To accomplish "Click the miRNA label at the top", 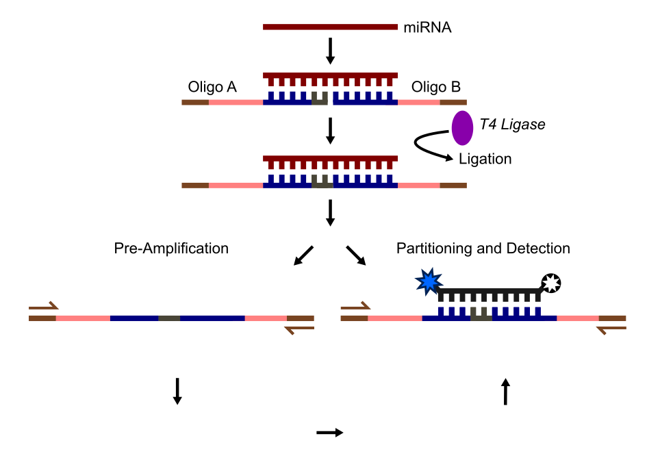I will coord(427,27).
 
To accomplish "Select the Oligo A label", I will coord(212,87).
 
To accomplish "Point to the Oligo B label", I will coord(435,87).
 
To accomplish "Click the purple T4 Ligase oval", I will coord(462,128).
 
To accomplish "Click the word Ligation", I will coord(485,159).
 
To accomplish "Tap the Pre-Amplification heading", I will coord(171,248).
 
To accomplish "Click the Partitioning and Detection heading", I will coord(483,248).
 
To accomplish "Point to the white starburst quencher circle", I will coord(551,281).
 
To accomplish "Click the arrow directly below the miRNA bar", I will coord(330,51).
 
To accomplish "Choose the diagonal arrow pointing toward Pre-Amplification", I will coord(303,255).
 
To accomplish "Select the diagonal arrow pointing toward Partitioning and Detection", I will coord(356,255).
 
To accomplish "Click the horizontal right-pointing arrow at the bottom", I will coord(329,432).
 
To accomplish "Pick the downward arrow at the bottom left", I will coord(177,390).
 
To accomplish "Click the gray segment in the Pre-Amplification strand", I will coord(169,318).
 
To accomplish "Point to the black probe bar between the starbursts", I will coord(490,292).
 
